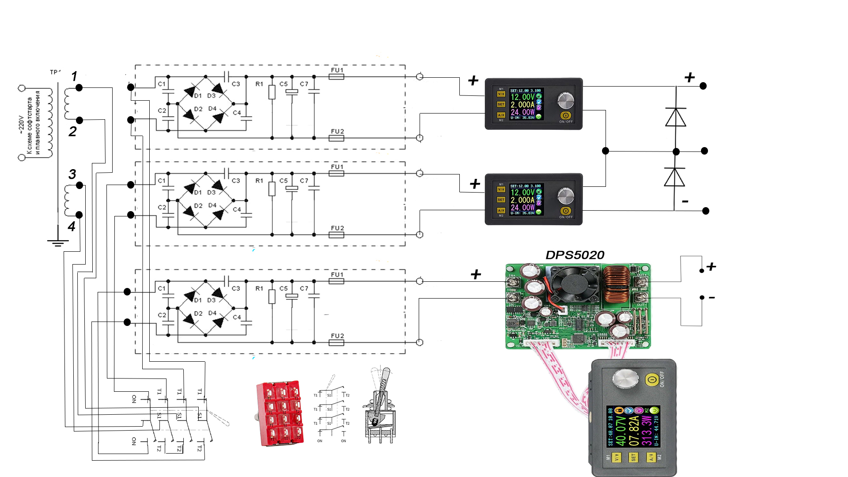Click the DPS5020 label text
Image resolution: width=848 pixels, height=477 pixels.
[x=575, y=255]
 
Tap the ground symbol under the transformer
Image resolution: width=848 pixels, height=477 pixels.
[x=58, y=242]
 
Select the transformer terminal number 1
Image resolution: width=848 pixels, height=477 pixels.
[x=74, y=76]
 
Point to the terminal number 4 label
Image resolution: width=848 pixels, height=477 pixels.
[x=72, y=227]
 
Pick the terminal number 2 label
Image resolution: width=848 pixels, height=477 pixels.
[x=72, y=131]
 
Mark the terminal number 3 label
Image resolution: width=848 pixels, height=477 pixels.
[x=72, y=174]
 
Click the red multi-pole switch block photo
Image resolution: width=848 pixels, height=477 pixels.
[x=280, y=413]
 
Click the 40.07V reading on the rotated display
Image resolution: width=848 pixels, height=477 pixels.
[x=621, y=431]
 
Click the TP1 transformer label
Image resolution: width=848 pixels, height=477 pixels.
[x=55, y=72]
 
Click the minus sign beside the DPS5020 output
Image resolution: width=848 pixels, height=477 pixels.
[x=712, y=298]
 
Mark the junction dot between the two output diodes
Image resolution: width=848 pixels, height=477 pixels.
[x=676, y=151]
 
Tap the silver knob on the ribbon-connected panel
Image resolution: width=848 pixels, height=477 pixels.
[x=625, y=379]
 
